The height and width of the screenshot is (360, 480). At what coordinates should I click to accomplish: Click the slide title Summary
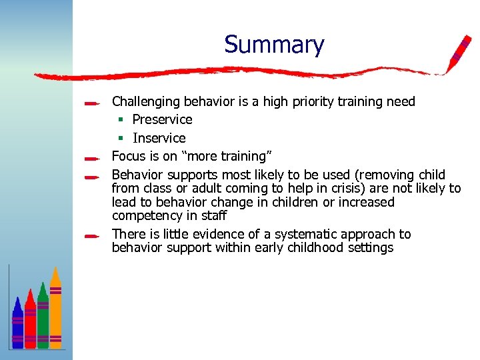[274, 45]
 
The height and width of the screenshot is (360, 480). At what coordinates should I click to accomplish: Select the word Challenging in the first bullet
[146, 102]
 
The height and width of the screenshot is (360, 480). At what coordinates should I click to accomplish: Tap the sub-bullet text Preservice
[162, 120]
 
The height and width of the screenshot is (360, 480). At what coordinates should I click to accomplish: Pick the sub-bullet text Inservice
[159, 138]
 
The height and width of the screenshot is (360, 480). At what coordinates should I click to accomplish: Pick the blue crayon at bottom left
[17, 323]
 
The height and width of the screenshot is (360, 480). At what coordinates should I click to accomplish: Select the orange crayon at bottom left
[56, 308]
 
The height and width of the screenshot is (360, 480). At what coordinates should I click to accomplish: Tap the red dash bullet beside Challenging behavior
[93, 103]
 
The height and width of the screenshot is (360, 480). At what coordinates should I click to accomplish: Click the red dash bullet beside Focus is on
[93, 159]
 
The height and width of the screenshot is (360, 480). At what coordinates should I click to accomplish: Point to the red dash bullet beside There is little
[93, 235]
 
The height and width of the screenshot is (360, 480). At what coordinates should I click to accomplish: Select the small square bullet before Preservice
[121, 120]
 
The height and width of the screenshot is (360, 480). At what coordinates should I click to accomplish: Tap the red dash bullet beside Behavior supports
[93, 177]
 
